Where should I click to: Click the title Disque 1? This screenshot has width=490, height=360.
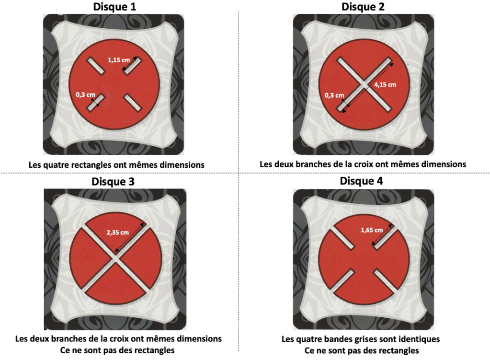coord(114,7)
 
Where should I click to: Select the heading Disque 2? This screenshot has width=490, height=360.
coord(363,7)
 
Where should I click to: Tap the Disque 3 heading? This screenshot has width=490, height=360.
coord(113,181)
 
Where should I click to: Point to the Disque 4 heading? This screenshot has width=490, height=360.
coord(361,181)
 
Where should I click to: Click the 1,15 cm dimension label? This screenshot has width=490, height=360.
coord(119,60)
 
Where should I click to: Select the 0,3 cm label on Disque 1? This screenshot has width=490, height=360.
coord(85,94)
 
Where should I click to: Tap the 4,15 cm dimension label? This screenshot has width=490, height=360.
coord(385,84)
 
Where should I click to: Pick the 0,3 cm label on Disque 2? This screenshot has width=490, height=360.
coord(334,95)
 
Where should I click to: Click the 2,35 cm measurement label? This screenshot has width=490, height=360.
coord(117,232)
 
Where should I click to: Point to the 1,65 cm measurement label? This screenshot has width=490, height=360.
coord(372,230)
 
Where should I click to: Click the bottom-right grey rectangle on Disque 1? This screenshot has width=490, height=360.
coord(132,102)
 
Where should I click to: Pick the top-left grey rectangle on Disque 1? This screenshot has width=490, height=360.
coord(95,66)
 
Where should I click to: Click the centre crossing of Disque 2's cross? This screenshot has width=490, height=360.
coord(364,84)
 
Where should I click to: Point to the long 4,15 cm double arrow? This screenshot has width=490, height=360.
coord(368,88)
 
